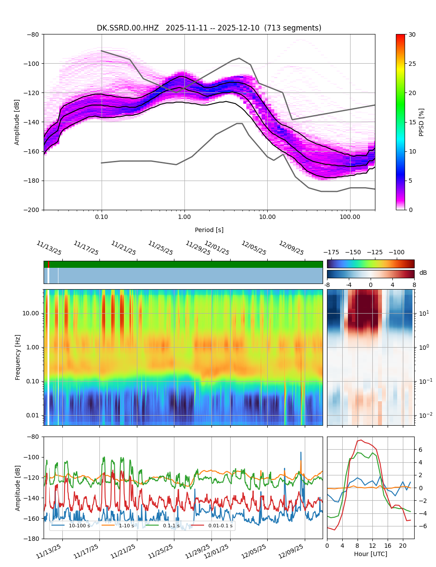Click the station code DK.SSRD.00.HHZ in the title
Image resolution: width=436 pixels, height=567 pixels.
tap(128, 28)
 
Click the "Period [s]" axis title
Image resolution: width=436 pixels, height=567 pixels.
tap(209, 230)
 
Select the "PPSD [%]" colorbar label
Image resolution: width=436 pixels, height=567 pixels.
tap(422, 122)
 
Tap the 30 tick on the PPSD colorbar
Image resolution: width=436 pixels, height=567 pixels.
tap(412, 34)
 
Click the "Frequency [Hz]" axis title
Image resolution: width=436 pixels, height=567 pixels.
tap(18, 357)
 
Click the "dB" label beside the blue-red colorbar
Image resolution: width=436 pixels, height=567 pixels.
tap(423, 273)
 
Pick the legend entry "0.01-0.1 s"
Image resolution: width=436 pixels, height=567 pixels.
tap(220, 526)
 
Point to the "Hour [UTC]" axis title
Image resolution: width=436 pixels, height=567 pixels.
tap(370, 554)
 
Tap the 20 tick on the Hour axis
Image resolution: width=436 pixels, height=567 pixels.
tap(402, 546)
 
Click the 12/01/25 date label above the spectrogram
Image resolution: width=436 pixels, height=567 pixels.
tap(217, 248)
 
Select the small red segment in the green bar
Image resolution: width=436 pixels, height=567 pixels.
tap(48, 264)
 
